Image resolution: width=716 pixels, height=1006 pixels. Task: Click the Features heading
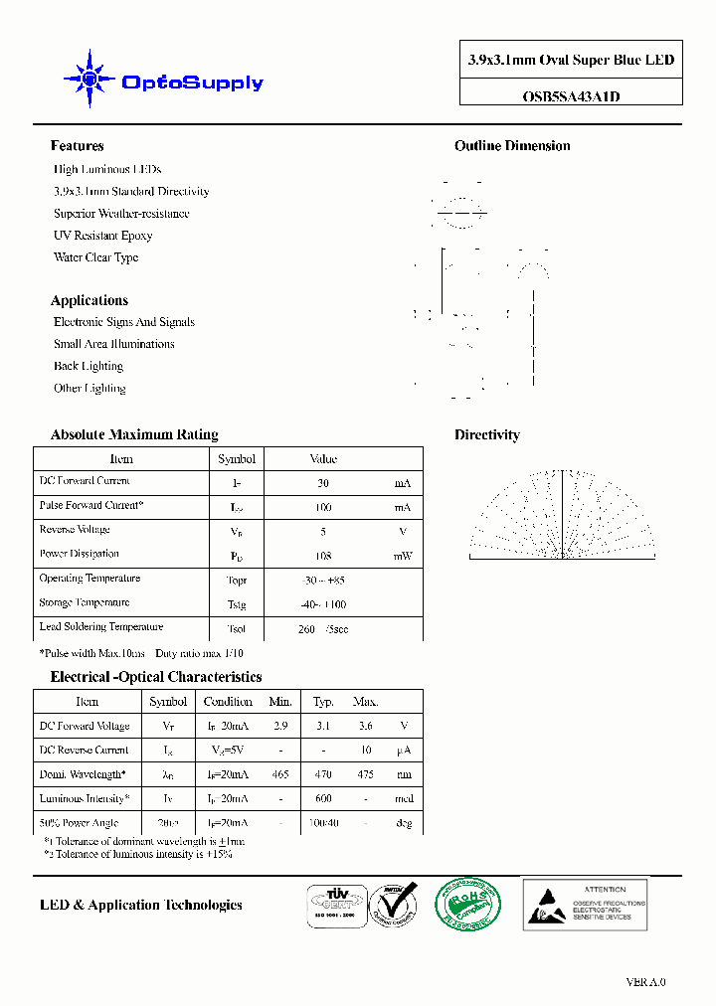(x=77, y=146)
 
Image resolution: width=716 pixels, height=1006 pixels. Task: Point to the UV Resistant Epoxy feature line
(x=102, y=236)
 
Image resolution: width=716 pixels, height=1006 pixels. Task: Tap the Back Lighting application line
(x=89, y=366)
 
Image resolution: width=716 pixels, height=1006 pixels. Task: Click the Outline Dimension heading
(x=512, y=146)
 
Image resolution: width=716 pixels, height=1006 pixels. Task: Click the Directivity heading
(x=486, y=434)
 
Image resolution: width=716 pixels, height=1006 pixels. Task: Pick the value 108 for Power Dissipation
(x=322, y=556)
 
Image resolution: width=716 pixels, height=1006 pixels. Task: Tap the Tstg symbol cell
(x=236, y=604)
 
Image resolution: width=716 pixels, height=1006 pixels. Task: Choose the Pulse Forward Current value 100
(x=322, y=507)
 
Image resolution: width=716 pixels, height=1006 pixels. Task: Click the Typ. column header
(x=322, y=702)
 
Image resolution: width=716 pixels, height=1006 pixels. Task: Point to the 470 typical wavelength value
(x=322, y=774)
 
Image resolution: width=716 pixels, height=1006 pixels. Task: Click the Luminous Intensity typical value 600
(x=322, y=798)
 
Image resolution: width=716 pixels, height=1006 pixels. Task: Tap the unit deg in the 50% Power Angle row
(x=403, y=823)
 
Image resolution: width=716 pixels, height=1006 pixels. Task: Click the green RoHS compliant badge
(x=467, y=904)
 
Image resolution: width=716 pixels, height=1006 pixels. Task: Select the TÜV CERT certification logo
(x=333, y=906)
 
